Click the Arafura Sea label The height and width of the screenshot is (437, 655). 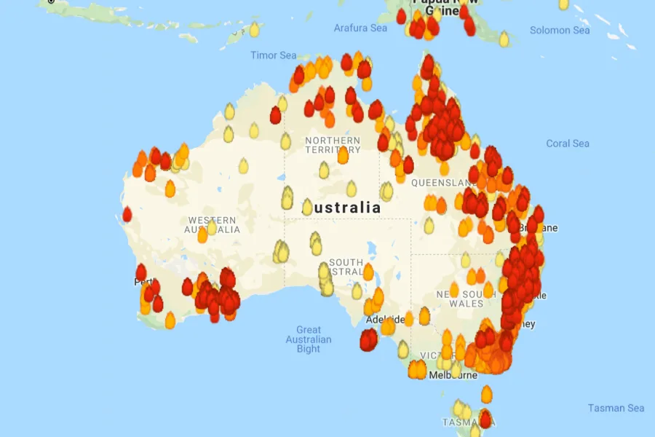tap(360, 28)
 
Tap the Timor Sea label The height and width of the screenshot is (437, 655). tap(274, 55)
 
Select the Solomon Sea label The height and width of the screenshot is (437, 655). tap(560, 31)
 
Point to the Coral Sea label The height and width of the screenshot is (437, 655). tap(568, 143)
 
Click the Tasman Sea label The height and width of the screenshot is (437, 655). tap(616, 408)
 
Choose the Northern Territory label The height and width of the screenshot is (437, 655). tap(333, 145)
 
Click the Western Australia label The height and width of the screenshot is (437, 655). tap(213, 225)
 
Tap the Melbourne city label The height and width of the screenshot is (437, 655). tap(453, 376)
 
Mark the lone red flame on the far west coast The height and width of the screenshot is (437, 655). tap(127, 214)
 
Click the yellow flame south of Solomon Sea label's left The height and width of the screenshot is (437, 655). tap(504, 39)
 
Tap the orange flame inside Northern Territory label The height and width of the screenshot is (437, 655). tap(343, 154)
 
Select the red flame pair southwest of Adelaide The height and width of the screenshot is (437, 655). tap(369, 339)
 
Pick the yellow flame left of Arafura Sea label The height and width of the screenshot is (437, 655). tap(254, 30)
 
